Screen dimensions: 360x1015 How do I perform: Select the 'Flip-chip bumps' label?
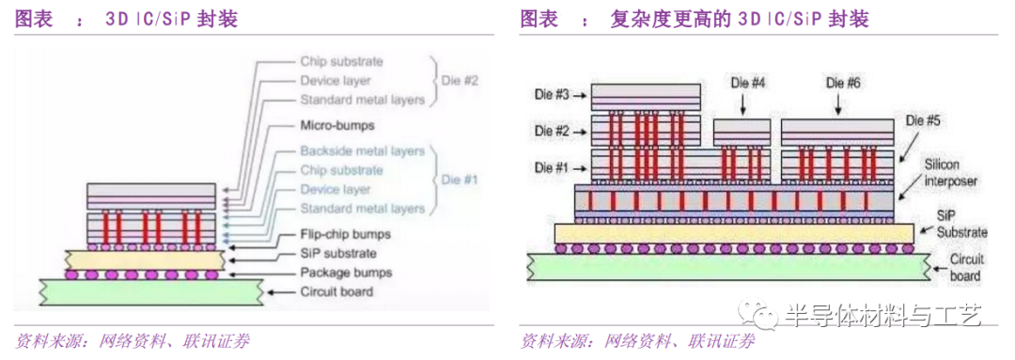point(345,234)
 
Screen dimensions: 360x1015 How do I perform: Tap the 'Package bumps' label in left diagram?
point(345,273)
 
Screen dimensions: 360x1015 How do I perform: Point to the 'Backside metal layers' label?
point(362,150)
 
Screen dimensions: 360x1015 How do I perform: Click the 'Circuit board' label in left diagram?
point(336,292)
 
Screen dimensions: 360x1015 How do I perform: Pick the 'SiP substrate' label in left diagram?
point(338,253)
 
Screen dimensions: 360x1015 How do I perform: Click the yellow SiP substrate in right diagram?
point(733,232)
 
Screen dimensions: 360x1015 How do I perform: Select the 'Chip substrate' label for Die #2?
point(341,61)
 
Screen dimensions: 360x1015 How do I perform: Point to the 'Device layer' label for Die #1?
point(336,189)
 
